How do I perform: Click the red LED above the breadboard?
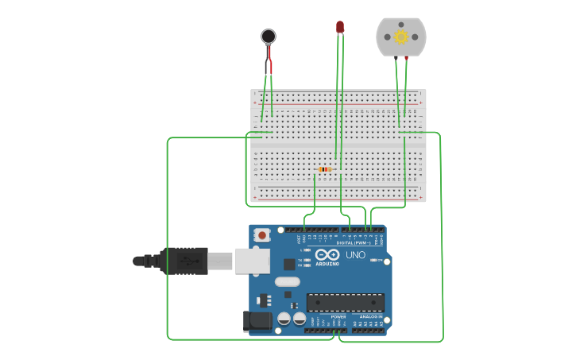pyautogui.click(x=340, y=27)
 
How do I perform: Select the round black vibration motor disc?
pyautogui.click(x=269, y=36)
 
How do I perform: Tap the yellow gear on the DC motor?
pyautogui.click(x=401, y=37)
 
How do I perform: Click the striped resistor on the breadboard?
pyautogui.click(x=324, y=169)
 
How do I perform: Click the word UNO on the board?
pyautogui.click(x=355, y=255)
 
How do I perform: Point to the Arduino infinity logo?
pyautogui.click(x=327, y=255)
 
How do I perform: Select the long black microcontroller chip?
pyautogui.click(x=346, y=302)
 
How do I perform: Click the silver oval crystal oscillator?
pyautogui.click(x=288, y=281)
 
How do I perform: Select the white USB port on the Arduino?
pyautogui.click(x=253, y=261)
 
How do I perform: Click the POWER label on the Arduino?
pyautogui.click(x=338, y=316)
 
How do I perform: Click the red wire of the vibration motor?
pyautogui.click(x=269, y=59)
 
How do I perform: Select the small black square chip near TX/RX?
pyautogui.click(x=289, y=264)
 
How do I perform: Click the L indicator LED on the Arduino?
pyautogui.click(x=307, y=250)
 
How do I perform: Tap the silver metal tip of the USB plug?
pyautogui.click(x=221, y=261)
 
